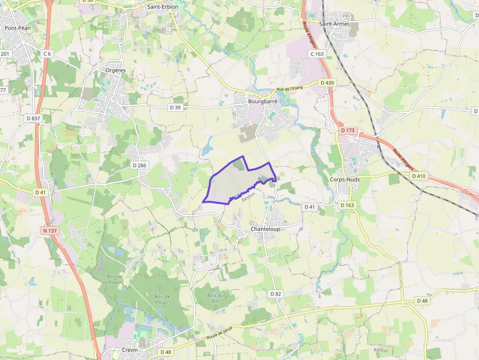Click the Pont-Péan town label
coord(17,28)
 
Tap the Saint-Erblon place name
coord(163,7)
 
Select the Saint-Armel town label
coord(333,23)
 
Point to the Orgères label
coord(116,70)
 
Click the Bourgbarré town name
coord(262,102)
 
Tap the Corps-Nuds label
coord(345,179)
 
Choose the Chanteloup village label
coord(264,229)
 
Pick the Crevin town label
coord(130,350)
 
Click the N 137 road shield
coord(49,230)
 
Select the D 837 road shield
coord(34,118)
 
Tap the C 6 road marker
coord(47,54)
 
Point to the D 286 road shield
coord(139,165)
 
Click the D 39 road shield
coord(175,107)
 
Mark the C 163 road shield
coord(317,54)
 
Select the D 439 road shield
coord(327,83)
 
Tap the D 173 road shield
coord(348,130)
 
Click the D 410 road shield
coord(419,176)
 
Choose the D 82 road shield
coord(276,294)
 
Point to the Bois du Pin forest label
coord(215,298)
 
